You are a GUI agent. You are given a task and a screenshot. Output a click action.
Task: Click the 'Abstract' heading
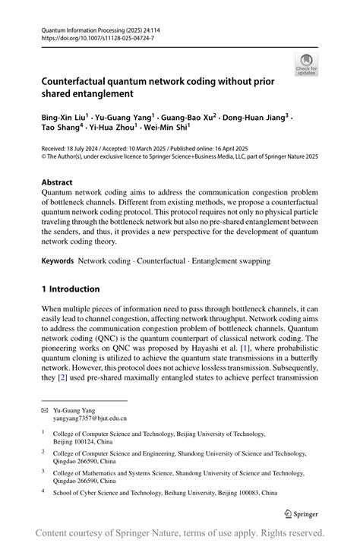click(57, 182)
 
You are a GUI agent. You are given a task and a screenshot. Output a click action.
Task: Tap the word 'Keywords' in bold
click(58, 261)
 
